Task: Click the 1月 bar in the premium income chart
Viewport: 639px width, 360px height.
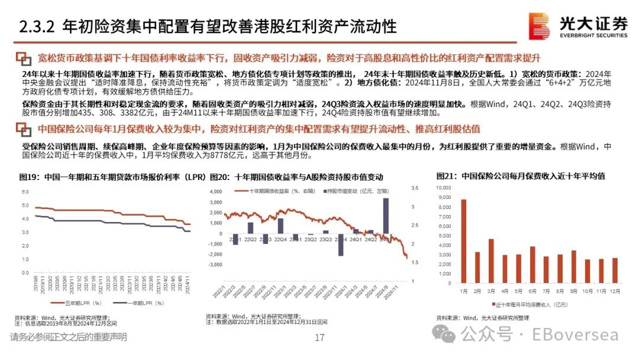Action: pos(463,240)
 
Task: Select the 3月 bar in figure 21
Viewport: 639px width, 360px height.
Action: pos(490,261)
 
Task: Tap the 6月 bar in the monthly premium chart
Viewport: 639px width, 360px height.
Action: pos(532,264)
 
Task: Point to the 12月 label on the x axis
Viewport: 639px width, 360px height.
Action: pos(615,291)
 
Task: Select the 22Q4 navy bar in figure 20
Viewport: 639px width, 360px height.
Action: pos(280,225)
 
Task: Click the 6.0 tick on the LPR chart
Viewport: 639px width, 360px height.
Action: pos(25,192)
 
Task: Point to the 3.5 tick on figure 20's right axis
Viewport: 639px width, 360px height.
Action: pos(415,188)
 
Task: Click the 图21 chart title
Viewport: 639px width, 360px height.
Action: pos(525,176)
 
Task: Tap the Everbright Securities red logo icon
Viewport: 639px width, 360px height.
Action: pos(539,27)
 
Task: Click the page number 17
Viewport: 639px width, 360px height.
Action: pos(319,338)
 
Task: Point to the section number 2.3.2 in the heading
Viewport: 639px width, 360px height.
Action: pos(37,27)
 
